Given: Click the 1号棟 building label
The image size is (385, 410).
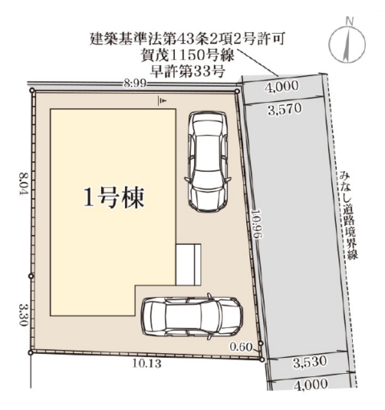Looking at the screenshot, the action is point(114,197).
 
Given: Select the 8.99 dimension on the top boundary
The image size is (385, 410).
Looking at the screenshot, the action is point(136,83).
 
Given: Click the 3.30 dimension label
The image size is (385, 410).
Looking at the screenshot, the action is point(24,314).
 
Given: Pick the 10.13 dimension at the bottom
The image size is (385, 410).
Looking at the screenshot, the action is point(147,363).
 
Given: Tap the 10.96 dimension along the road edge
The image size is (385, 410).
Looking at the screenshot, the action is point(255,223).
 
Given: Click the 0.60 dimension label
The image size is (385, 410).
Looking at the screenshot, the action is point(241,347).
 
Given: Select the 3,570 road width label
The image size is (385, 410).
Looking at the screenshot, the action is point(285,110).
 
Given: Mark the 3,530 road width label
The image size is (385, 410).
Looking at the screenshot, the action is point(310,362).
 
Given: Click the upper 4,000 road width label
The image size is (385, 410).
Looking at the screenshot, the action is point(282,87).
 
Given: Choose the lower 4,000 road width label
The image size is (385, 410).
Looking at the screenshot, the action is point(310,384).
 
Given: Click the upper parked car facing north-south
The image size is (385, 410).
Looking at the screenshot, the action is point(208,161).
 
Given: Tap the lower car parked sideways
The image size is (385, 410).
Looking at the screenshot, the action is point(192,317).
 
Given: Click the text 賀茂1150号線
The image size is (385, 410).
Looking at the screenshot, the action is point(188,56).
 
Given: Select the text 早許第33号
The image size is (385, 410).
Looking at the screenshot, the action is point(188,71).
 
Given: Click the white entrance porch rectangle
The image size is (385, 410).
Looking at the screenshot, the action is point(188,264).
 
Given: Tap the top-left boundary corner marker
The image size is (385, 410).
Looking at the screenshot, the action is point(32,91).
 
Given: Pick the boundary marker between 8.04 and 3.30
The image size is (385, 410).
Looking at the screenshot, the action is point(31,276).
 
